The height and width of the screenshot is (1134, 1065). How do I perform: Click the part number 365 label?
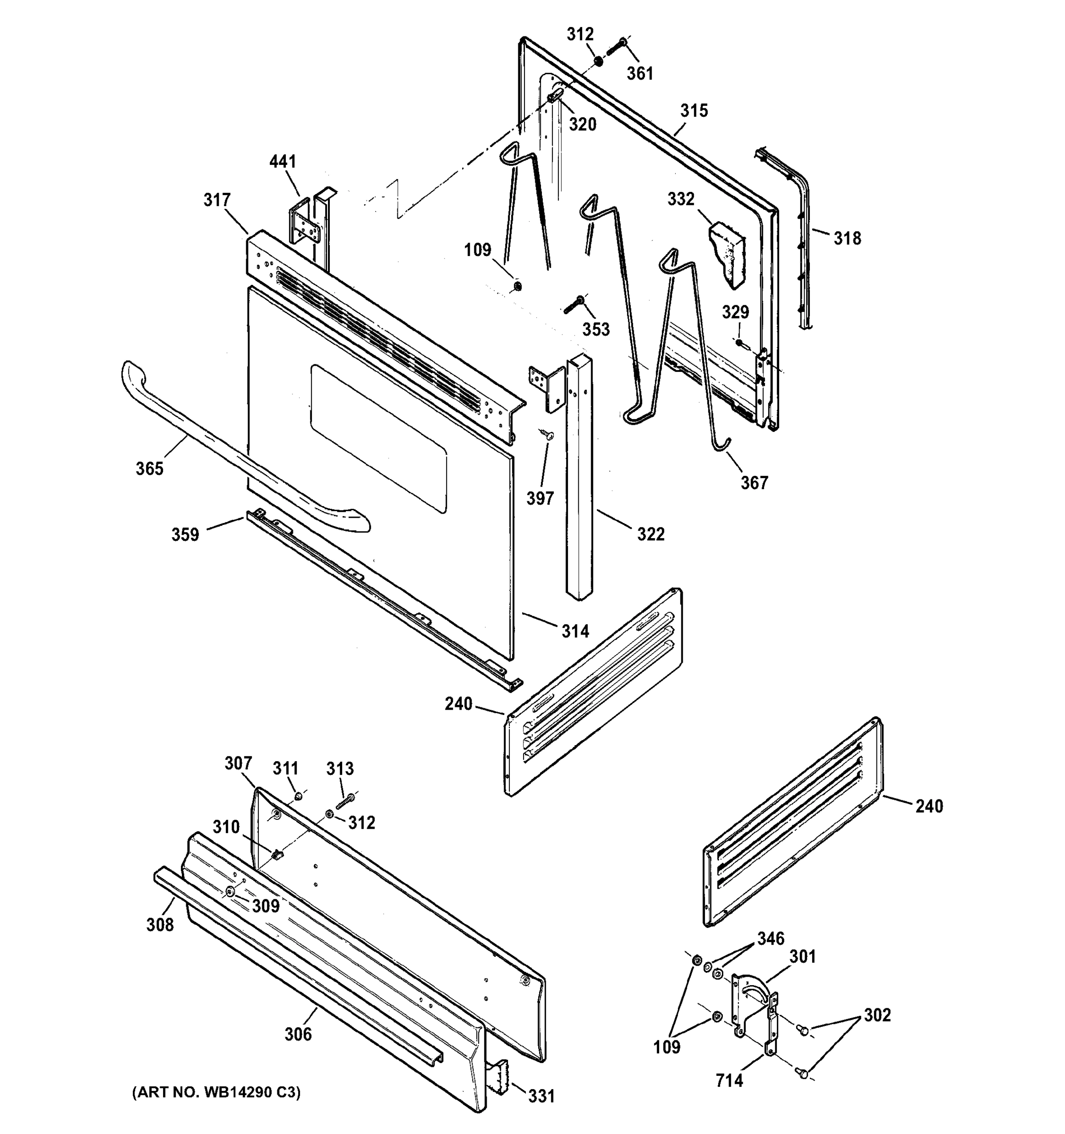coord(149,468)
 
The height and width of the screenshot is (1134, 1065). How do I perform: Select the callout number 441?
coord(283,162)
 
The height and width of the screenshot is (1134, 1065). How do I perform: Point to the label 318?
coord(847,239)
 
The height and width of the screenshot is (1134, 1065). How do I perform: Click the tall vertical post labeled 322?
coord(579,479)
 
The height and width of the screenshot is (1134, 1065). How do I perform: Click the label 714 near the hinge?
coord(729,1080)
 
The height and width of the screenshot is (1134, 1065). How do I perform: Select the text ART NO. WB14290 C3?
coord(216,1092)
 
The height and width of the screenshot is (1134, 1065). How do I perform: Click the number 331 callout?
coord(541,1096)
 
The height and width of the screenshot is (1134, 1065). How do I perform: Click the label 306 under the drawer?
coord(298,1034)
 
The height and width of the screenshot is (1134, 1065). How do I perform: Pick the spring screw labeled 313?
coord(344,801)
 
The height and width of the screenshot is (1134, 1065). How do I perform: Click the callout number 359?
coord(185,534)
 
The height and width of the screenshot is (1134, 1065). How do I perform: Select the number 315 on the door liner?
coord(694,111)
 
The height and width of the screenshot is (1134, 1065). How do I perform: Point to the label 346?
coord(770,938)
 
